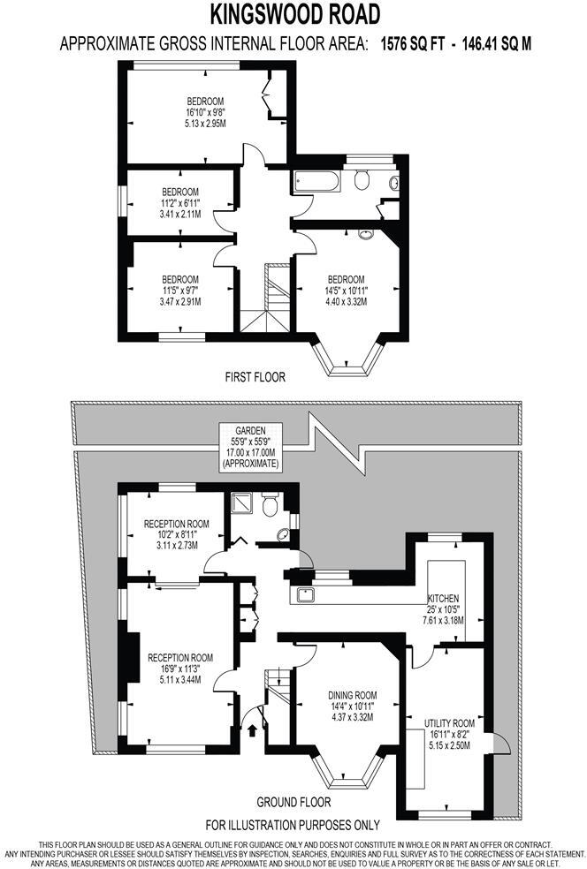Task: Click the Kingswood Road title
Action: point(295,14)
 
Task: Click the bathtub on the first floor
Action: point(316,181)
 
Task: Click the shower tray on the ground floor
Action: point(240,504)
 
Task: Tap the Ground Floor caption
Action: point(293,803)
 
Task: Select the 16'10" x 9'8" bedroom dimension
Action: point(205,113)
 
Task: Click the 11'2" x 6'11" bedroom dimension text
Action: point(179,202)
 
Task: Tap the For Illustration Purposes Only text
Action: point(293,825)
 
